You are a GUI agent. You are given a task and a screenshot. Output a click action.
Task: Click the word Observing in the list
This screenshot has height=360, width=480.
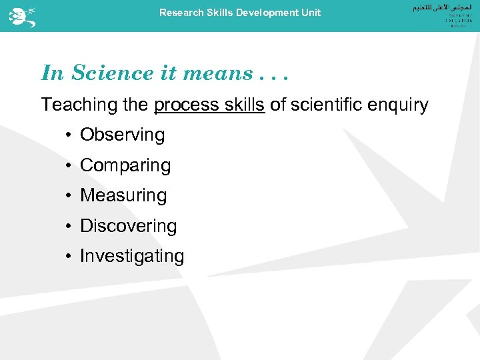point(122,135)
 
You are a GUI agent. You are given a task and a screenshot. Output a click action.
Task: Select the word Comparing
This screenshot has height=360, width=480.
point(125,165)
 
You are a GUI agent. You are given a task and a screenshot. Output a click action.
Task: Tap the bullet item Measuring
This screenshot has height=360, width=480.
point(123,195)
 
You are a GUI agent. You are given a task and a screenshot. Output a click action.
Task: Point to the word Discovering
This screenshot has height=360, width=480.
point(128,226)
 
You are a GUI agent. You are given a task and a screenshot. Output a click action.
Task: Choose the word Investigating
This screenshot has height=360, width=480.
point(132,256)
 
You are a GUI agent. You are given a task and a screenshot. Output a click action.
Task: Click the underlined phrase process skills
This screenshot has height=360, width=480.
point(209,105)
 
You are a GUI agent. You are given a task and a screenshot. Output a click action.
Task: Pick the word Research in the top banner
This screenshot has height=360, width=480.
point(180,13)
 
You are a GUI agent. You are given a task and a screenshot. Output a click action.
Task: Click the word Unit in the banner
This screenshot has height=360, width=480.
point(311,13)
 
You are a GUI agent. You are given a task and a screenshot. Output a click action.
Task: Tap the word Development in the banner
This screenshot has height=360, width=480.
point(267,13)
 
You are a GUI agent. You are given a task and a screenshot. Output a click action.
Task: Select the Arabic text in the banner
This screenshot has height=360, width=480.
point(417,8)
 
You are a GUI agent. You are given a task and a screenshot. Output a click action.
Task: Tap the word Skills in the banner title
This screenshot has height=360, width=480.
point(220,13)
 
